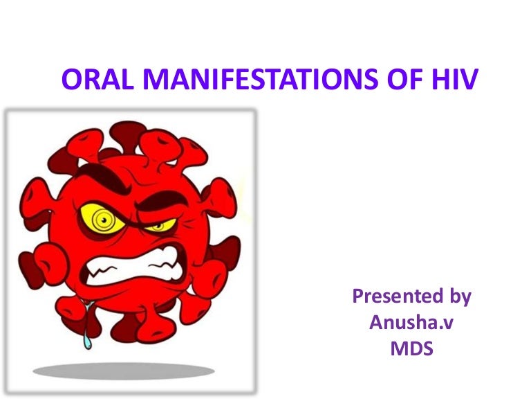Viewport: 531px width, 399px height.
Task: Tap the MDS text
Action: [412, 348]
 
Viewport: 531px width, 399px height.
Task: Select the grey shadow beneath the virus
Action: [124, 371]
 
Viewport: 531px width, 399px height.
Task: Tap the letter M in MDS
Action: [397, 348]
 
